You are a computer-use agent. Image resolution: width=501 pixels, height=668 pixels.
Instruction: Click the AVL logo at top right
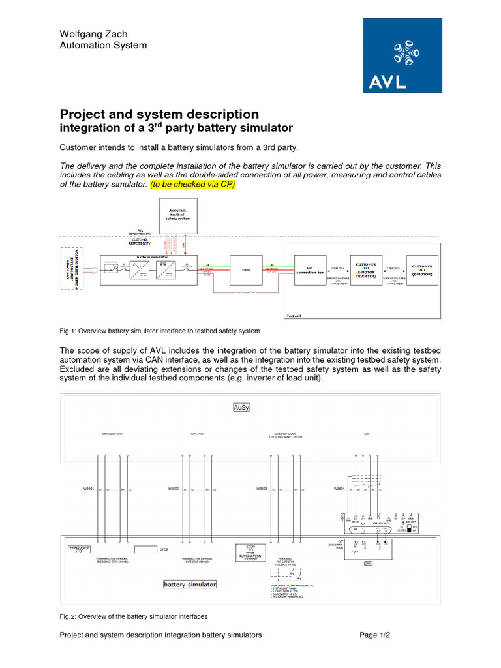(402, 55)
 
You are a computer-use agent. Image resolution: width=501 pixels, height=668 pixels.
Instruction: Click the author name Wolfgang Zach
(94, 33)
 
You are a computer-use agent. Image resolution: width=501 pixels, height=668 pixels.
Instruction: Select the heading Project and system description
(159, 114)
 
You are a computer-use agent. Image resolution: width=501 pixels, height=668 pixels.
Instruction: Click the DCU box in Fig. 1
(247, 269)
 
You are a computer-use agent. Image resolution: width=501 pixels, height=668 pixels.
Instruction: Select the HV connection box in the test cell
(310, 269)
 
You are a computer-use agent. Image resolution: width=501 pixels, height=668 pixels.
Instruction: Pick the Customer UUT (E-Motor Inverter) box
(365, 269)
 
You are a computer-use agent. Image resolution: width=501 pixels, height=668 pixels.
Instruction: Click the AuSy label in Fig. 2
(241, 407)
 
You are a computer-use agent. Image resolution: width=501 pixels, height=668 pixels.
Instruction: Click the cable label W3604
(339, 489)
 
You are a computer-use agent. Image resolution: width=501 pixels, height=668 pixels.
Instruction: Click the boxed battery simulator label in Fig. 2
(189, 584)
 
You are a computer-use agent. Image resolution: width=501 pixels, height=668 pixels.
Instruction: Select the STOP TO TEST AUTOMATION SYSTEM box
(250, 552)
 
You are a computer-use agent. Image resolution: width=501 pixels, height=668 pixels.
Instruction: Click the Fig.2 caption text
(133, 616)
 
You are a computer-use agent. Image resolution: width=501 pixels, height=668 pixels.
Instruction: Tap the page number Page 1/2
(374, 635)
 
